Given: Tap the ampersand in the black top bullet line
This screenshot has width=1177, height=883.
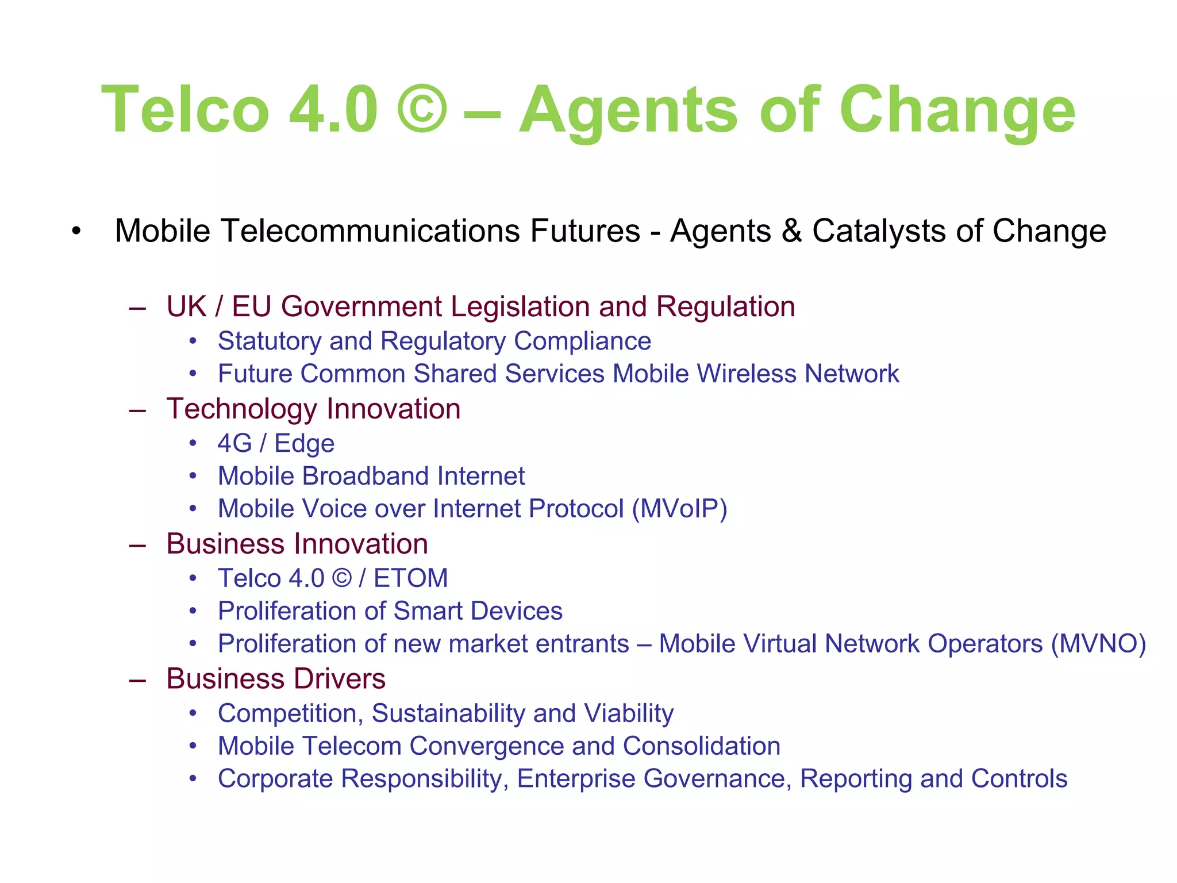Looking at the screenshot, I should [791, 231].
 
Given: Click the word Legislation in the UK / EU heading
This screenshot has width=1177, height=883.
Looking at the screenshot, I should [520, 306].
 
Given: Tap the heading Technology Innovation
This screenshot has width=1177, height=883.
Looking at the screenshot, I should [313, 409].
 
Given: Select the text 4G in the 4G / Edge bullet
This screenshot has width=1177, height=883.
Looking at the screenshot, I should [234, 443].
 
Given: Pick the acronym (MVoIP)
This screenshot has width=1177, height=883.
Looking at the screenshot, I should [679, 509].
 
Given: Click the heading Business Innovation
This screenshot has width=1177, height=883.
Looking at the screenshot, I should [297, 544].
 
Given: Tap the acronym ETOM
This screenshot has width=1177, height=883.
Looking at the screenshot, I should [410, 578].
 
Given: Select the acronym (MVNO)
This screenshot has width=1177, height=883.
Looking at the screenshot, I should [1098, 644].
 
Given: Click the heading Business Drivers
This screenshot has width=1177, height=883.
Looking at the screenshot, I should [276, 679].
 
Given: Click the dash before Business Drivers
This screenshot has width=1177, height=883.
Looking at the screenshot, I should [137, 680].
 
